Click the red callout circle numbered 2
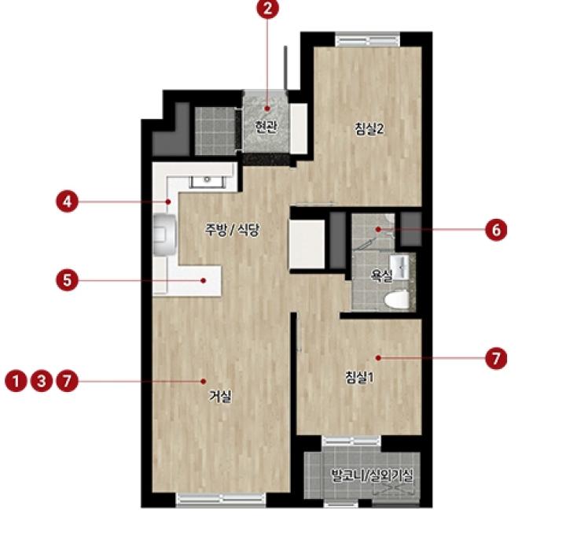(x=267, y=8)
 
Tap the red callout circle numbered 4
(x=67, y=201)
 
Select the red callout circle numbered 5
(x=67, y=280)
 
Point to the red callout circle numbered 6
(x=496, y=229)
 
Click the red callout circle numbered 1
(x=16, y=381)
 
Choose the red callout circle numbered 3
(x=42, y=381)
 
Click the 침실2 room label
(x=369, y=129)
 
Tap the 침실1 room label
(x=359, y=378)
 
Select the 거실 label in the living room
(x=221, y=397)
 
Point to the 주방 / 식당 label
(x=233, y=229)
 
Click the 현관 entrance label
(x=266, y=127)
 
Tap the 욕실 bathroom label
(x=382, y=276)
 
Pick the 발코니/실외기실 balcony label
(x=372, y=475)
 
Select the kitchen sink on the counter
(x=207, y=181)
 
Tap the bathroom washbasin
(x=399, y=267)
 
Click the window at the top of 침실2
(x=368, y=39)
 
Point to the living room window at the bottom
(x=221, y=499)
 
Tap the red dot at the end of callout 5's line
(x=204, y=280)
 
